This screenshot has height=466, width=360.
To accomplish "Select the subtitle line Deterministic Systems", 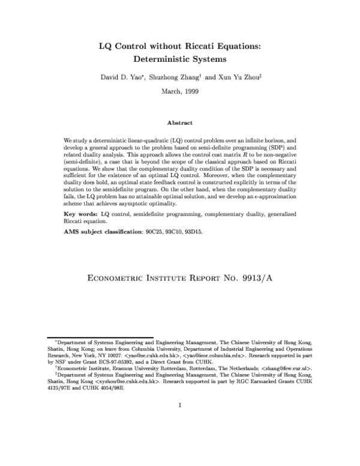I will [179, 59].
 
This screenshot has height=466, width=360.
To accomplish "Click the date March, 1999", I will [179, 91].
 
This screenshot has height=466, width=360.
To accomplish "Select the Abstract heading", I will [179, 123].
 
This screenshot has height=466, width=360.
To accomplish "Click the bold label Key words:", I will [82, 214].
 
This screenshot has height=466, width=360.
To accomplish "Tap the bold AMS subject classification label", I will [105, 232].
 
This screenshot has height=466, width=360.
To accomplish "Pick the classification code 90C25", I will [160, 232].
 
